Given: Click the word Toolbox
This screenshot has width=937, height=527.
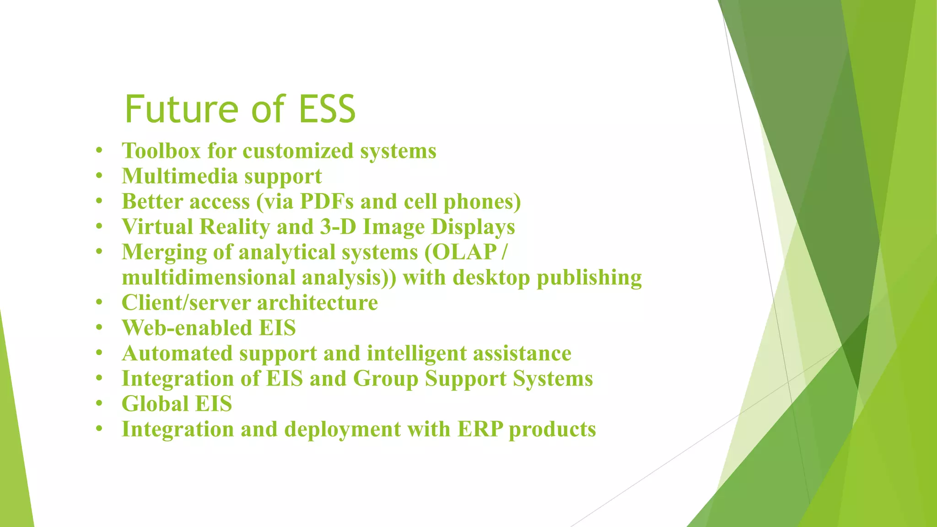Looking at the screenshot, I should pyautogui.click(x=161, y=151).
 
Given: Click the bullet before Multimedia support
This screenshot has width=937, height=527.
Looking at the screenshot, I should pyautogui.click(x=99, y=176).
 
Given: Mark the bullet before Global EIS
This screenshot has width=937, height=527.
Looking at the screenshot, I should pyautogui.click(x=99, y=404).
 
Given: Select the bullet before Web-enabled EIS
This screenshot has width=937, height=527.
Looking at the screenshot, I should pyautogui.click(x=99, y=328).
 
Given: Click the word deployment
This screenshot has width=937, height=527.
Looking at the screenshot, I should pyautogui.click(x=342, y=429).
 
